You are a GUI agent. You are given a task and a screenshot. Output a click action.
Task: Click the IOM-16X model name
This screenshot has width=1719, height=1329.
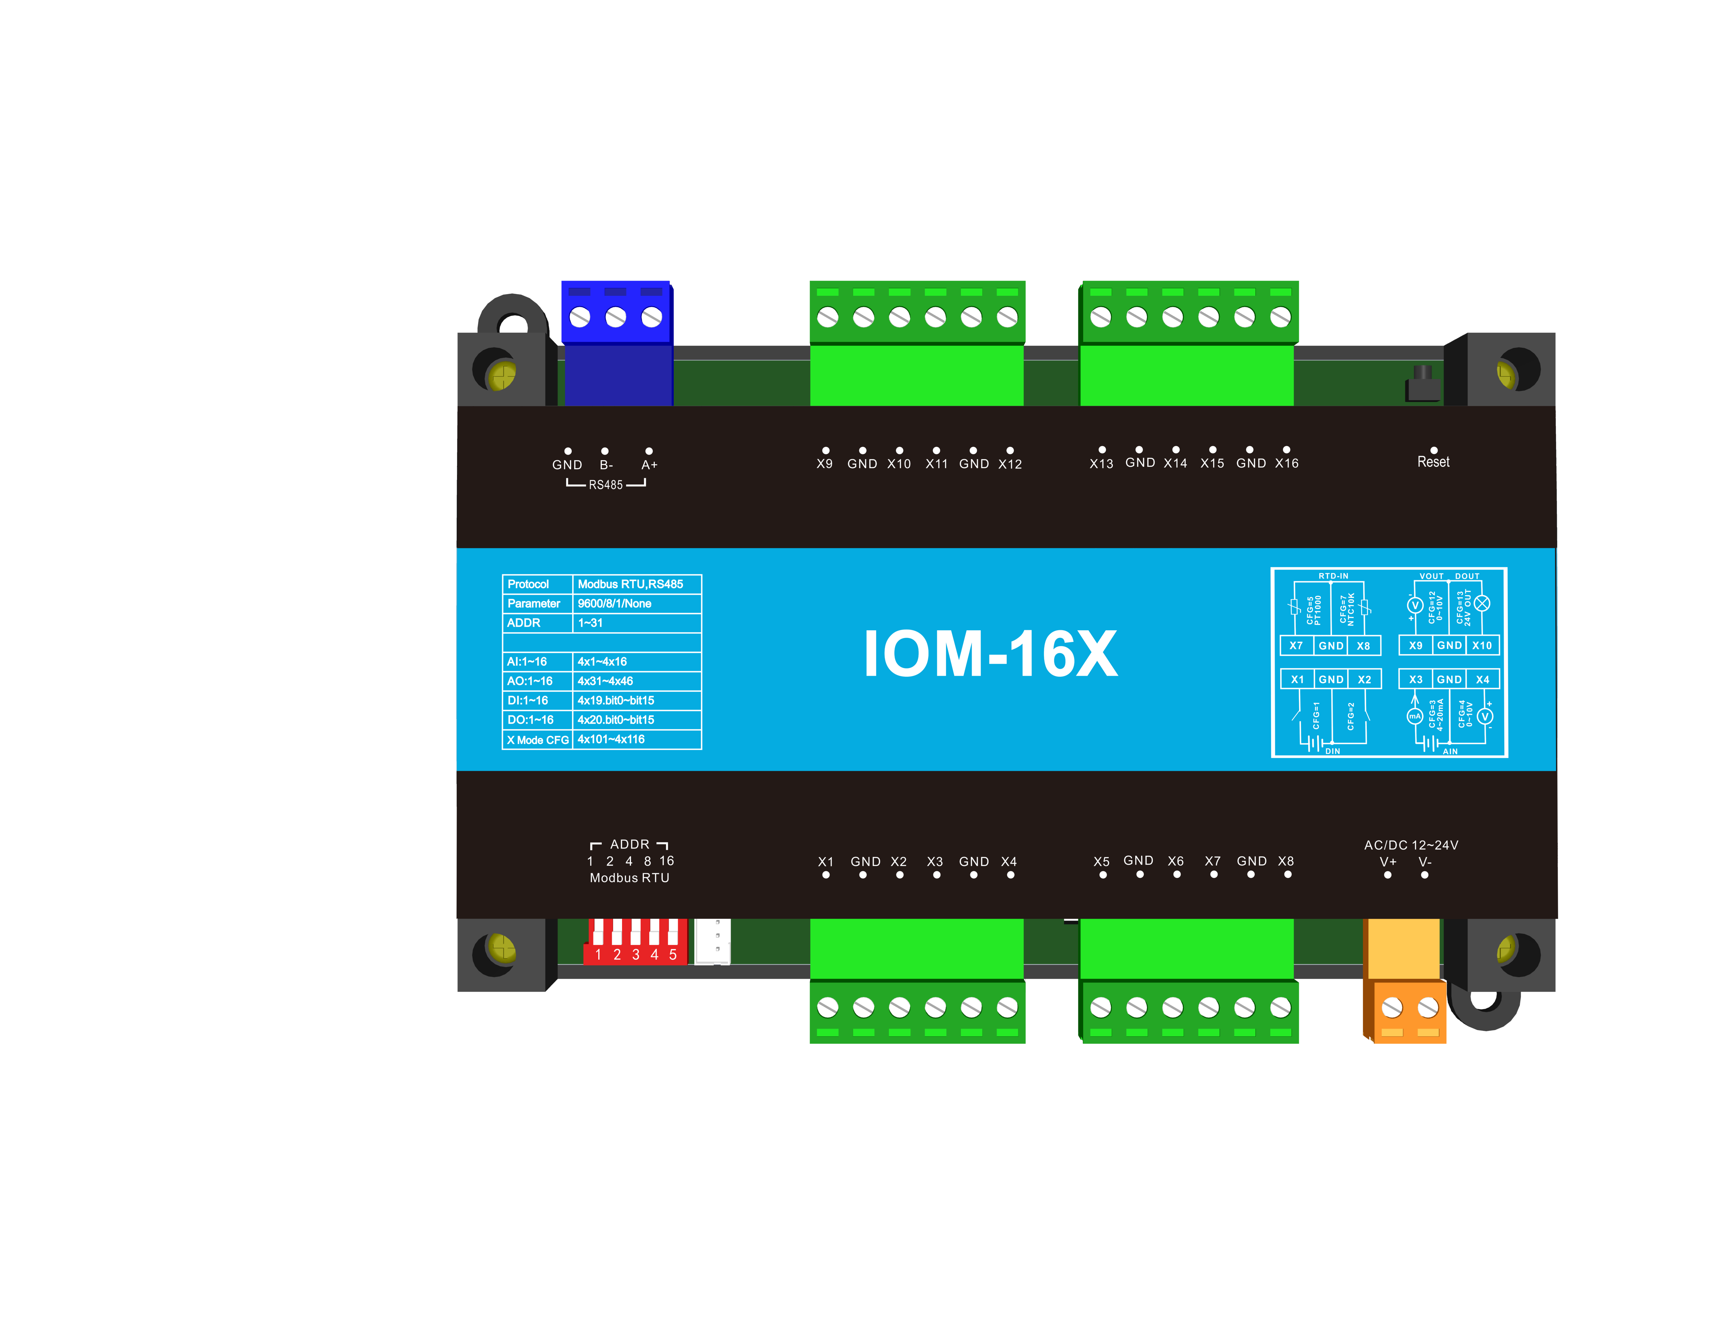[x=990, y=654]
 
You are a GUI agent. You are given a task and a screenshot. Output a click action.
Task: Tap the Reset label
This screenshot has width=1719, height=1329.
[x=1433, y=462]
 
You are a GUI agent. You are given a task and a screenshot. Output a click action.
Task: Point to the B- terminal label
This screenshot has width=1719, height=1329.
[x=605, y=464]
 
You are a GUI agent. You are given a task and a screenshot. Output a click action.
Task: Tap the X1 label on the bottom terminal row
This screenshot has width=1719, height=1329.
[x=825, y=861]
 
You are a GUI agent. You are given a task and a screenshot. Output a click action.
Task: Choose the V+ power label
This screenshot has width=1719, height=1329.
[x=1387, y=862]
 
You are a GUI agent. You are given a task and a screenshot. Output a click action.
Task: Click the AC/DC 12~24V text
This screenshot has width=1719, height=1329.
[x=1411, y=845]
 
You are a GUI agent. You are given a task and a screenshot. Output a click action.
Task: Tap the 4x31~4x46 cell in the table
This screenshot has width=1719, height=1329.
[x=605, y=681]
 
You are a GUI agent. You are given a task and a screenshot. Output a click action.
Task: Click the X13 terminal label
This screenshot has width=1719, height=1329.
[x=1101, y=464]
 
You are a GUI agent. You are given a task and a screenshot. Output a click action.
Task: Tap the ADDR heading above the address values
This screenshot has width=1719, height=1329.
[x=630, y=844]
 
